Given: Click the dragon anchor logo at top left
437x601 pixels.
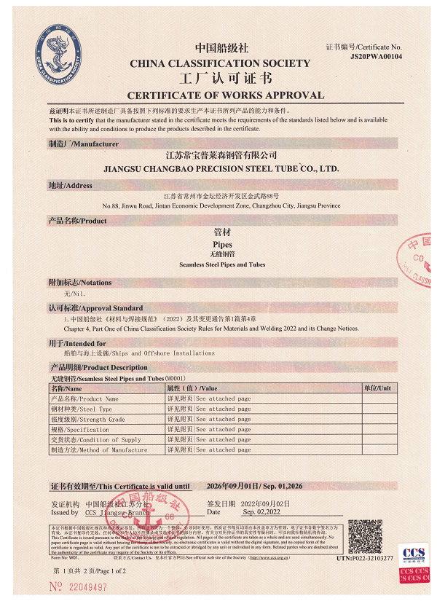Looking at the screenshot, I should point(63,52).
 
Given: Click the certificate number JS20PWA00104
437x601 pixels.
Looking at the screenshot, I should point(376,55).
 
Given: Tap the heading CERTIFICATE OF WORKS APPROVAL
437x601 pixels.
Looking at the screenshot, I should point(225,95).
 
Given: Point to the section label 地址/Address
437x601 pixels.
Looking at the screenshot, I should point(71,186).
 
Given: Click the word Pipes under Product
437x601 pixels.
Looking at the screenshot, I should point(222,245).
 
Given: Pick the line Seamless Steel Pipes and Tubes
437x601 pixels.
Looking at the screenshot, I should point(222,264).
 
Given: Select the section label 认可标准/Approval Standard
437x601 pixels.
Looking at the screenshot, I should point(96,308).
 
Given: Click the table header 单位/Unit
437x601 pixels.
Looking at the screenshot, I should point(377,388).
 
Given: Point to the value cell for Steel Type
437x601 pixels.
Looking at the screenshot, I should point(208,409).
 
